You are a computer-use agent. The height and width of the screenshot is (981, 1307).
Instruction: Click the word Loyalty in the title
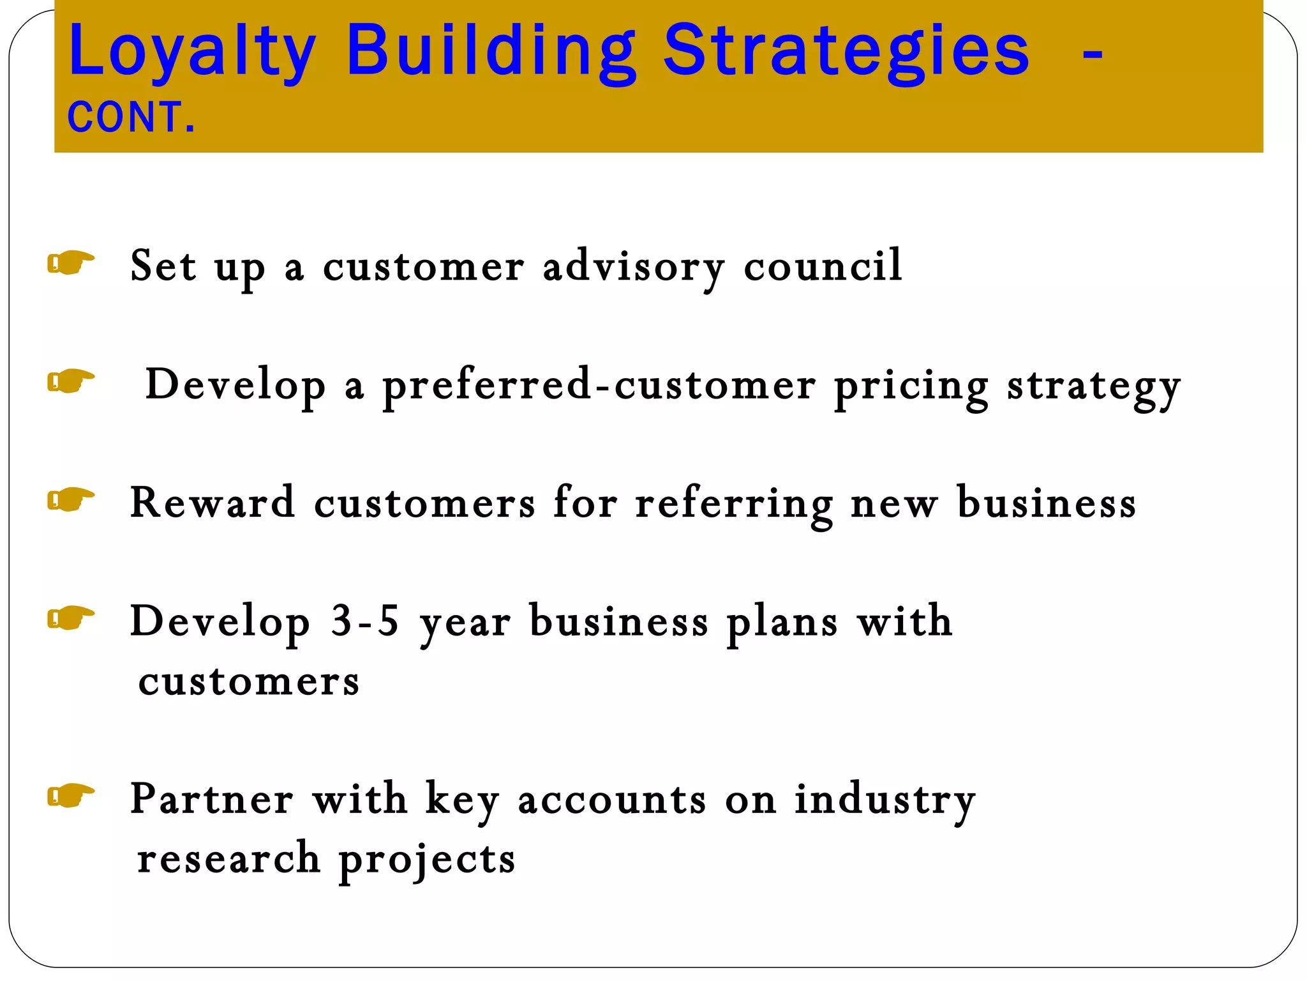coord(191,51)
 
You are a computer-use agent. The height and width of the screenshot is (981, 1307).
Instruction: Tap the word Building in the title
coord(490,51)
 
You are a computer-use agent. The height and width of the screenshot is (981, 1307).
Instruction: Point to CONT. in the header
coord(131,118)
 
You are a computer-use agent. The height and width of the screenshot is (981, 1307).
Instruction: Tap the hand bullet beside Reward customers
coord(71,499)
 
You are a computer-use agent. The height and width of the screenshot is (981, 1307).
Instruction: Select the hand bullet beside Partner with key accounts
coord(71,795)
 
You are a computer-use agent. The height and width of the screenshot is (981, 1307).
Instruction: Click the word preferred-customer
coord(599,386)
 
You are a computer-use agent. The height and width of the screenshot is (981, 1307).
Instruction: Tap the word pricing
coord(911,386)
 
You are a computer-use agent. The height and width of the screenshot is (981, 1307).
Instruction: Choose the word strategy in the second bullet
coord(1094,386)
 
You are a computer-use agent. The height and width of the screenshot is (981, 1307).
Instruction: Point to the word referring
coord(734,503)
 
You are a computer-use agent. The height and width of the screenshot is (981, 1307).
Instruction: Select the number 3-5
coord(364,621)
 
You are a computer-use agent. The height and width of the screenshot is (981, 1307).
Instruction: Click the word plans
coord(782,622)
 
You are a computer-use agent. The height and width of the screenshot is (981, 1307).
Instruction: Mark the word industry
coord(885,800)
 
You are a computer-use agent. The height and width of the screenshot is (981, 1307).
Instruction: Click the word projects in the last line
coord(426,859)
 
